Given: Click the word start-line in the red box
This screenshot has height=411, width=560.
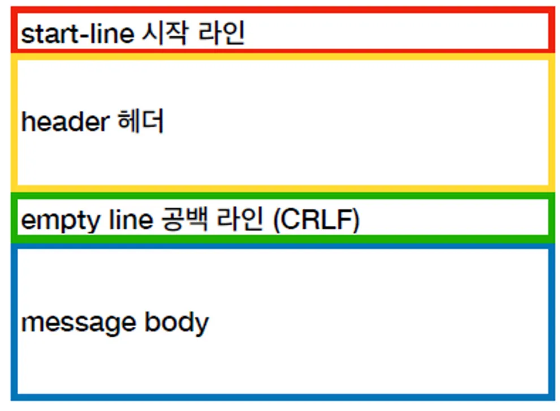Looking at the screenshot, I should (76, 34).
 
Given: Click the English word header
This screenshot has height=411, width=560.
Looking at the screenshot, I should (65, 122).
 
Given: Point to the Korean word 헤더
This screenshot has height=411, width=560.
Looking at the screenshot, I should (141, 122).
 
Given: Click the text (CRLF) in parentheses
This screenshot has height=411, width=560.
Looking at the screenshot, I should (316, 220).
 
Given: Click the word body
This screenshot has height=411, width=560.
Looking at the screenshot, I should (177, 323).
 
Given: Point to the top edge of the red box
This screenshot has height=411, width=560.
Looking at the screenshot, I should (283, 10).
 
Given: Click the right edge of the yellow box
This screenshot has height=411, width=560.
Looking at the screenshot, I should (551, 122).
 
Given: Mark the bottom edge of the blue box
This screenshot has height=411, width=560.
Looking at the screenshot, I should (283, 397).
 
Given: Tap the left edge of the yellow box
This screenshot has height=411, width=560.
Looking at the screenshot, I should (14, 122).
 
